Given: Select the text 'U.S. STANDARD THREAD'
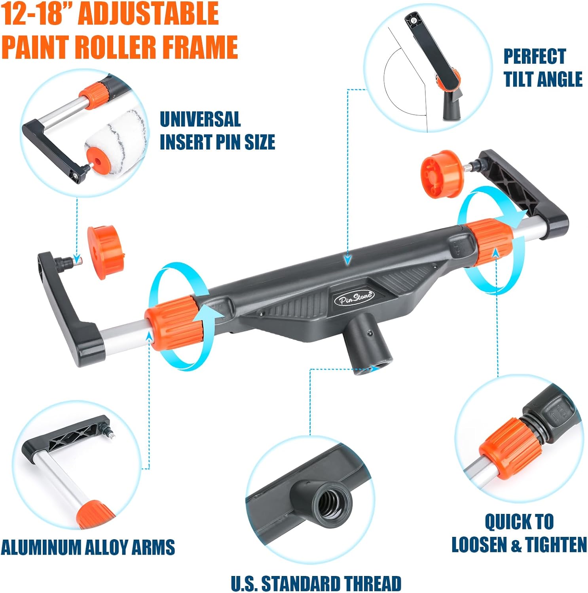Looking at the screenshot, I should pyautogui.click(x=316, y=584).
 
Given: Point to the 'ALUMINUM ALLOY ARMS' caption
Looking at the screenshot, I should pyautogui.click(x=88, y=547).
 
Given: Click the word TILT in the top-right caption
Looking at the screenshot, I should pyautogui.click(x=524, y=79).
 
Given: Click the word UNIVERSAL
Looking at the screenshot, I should pyautogui.click(x=200, y=119).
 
